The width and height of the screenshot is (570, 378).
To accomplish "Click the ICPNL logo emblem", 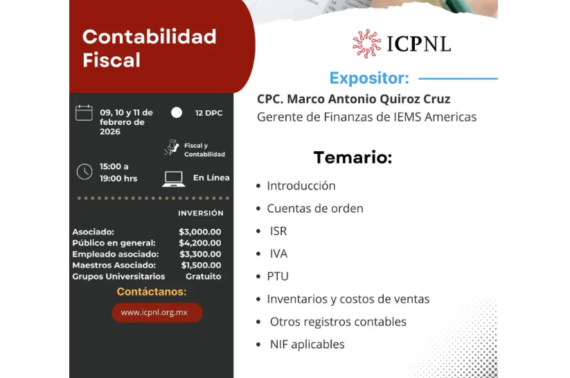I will tap(366, 43).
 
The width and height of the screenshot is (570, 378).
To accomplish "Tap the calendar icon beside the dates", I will tap(84, 112).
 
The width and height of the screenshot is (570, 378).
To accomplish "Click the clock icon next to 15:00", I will tap(84, 172).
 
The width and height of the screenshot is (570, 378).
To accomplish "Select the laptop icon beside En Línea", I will tap(173, 178).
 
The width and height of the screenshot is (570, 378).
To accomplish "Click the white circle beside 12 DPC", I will tap(177, 112).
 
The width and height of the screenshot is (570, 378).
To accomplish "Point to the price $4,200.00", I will tap(200, 243).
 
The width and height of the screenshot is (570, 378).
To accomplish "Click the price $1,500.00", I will tap(201, 265).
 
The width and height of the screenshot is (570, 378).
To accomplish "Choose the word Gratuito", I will tap(204, 276).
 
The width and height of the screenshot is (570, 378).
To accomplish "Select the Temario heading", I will tap(353, 157).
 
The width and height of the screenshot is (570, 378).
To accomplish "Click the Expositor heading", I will tap(369, 78).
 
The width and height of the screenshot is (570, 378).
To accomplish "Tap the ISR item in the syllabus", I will tap(278, 231).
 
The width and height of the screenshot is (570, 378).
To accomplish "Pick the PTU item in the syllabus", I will tap(278, 276).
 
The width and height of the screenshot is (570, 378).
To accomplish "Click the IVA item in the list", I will tap(278, 253).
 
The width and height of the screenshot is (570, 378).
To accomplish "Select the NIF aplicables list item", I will tap(307, 344).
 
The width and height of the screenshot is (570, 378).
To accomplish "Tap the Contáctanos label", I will tap(152, 292).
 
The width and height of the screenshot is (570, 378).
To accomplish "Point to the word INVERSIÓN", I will tap(201, 214).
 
